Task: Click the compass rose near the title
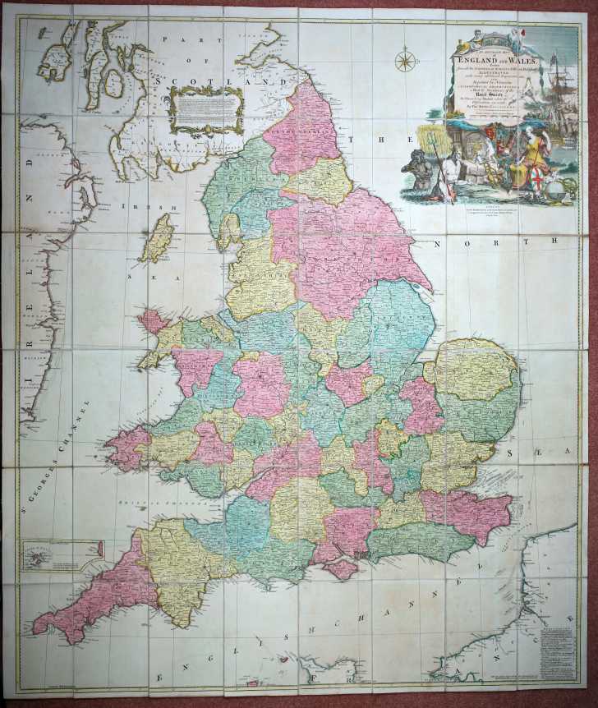pyautogui.click(x=404, y=61)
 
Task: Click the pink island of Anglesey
pyautogui.click(x=153, y=320)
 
